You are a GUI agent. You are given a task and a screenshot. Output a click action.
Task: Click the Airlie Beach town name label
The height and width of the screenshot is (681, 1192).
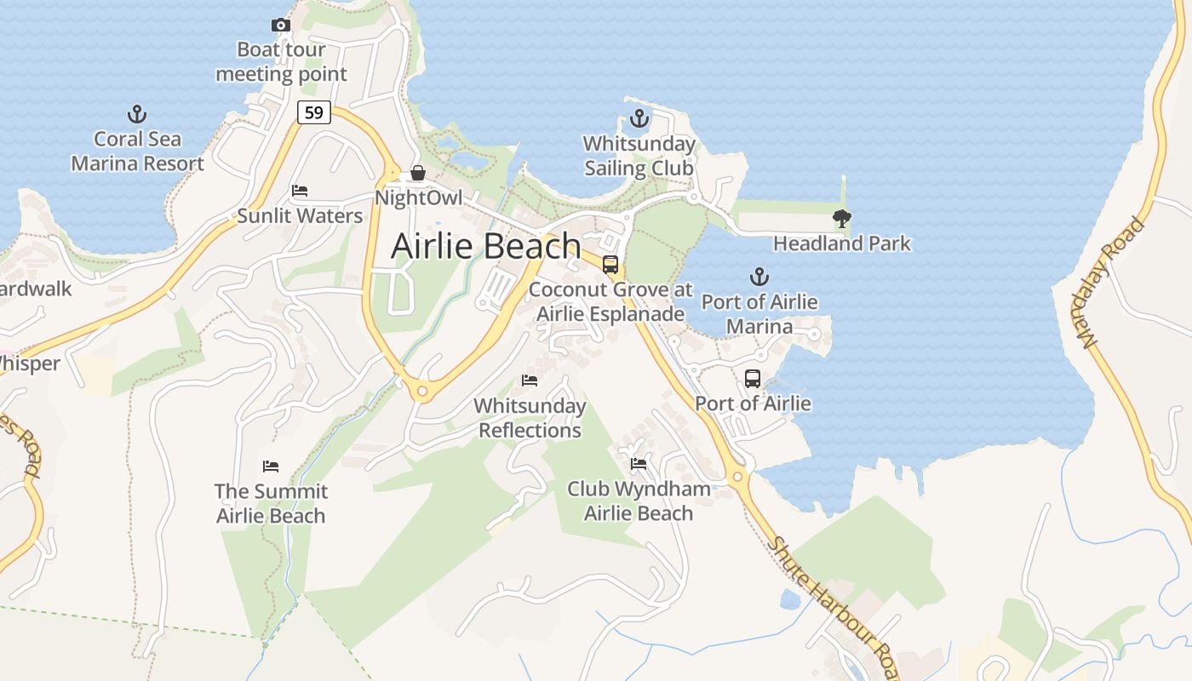pyautogui.click(x=486, y=246)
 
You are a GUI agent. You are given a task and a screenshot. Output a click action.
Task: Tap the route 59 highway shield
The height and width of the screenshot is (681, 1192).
pyautogui.click(x=314, y=112)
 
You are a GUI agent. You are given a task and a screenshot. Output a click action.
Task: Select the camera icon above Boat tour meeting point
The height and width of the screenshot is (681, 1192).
pyautogui.click(x=280, y=26)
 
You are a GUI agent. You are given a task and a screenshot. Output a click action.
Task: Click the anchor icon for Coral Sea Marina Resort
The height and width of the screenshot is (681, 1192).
pyautogui.click(x=136, y=114)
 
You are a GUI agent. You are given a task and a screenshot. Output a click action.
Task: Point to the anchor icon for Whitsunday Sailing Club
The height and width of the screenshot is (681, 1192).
pyautogui.click(x=639, y=118)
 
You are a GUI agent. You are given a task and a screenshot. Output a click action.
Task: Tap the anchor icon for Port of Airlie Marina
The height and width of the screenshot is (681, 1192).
pyautogui.click(x=759, y=277)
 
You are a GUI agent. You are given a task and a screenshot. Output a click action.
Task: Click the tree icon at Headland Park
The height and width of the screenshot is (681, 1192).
pyautogui.click(x=842, y=219)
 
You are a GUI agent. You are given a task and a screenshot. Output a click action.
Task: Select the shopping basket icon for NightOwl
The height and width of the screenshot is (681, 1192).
pyautogui.click(x=418, y=173)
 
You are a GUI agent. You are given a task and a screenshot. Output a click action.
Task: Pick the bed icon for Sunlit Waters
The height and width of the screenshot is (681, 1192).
pyautogui.click(x=300, y=190)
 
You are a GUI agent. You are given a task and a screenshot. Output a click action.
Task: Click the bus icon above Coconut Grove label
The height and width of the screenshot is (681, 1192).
pyautogui.click(x=610, y=264)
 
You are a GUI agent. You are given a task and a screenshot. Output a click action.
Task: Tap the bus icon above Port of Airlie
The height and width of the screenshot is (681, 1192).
pyautogui.click(x=753, y=378)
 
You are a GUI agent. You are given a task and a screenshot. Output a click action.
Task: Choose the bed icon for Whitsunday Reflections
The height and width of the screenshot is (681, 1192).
pyautogui.click(x=530, y=380)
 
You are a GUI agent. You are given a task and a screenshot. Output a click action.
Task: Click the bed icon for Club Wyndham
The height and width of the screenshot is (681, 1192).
pyautogui.click(x=639, y=463)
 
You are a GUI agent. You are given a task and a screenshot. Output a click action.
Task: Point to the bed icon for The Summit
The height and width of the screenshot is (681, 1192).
pyautogui.click(x=271, y=466)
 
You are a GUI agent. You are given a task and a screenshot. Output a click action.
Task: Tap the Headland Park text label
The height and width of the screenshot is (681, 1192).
pyautogui.click(x=842, y=243)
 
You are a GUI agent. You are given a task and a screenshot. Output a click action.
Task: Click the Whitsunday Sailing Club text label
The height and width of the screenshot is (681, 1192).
pyautogui.click(x=639, y=156)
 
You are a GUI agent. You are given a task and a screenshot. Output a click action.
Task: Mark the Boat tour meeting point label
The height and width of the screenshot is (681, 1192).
pyautogui.click(x=281, y=61)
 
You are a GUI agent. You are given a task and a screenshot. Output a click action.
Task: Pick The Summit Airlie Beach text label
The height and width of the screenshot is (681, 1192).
pyautogui.click(x=271, y=503)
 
